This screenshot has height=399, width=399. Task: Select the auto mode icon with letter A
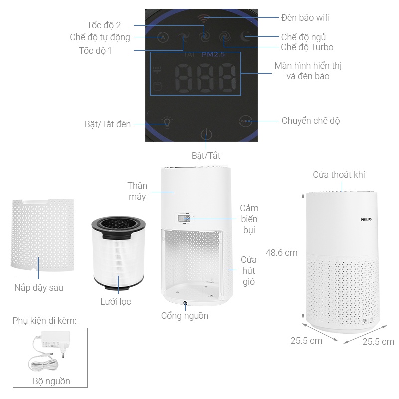pyautogui.click(x=163, y=38)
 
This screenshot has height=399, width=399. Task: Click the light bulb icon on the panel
pyautogui.click(x=167, y=122)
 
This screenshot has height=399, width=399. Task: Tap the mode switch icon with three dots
pyautogui.click(x=246, y=121)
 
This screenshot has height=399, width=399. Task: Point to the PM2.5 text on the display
pyautogui.click(x=213, y=54)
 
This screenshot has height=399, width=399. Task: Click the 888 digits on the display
pyautogui.click(x=205, y=78)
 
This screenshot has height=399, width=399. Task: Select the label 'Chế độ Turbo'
pyautogui.click(x=307, y=47)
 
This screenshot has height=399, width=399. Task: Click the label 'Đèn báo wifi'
pyautogui.click(x=305, y=18)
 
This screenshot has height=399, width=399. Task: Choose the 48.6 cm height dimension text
pyautogui.click(x=281, y=253)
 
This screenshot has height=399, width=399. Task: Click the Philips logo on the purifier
pyautogui.click(x=366, y=219)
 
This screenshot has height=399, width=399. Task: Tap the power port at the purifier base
pyautogui.click(x=185, y=303)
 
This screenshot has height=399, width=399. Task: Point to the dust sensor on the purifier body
pyautogui.click(x=184, y=219)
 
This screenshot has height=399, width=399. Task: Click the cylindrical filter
pyautogui.click(x=119, y=253)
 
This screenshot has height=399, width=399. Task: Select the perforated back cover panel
pyautogui.click(x=42, y=235)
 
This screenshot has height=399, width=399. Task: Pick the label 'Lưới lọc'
pyautogui.click(x=116, y=302)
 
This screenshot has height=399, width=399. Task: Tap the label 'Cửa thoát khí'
pyautogui.click(x=339, y=175)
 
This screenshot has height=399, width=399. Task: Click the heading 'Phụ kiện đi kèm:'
pyautogui.click(x=44, y=321)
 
